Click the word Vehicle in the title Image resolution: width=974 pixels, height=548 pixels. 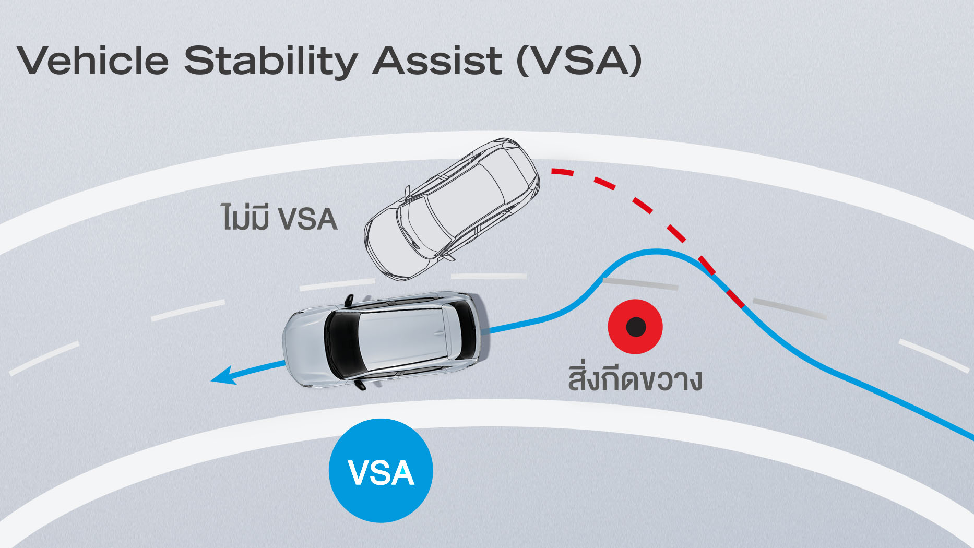click(93, 61)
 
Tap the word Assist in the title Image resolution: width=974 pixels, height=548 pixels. click(437, 61)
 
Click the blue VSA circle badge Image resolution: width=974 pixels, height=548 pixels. click(381, 471)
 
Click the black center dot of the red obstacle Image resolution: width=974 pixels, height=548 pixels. click(636, 327)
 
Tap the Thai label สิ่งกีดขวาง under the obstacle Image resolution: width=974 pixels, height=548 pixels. click(635, 380)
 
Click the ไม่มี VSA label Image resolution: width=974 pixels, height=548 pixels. click(279, 218)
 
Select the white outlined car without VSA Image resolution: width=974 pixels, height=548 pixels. click(452, 209)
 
